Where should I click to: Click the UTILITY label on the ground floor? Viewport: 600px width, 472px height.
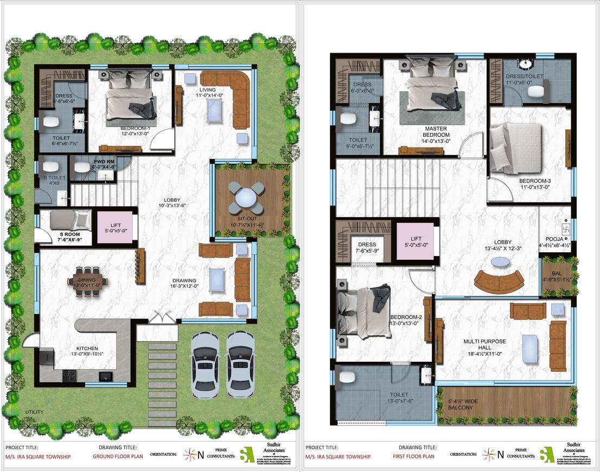(34, 412)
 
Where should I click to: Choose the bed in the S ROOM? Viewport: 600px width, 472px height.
(69, 220)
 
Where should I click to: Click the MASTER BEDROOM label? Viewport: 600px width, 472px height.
(436, 132)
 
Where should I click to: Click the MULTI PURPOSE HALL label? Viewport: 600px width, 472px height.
(484, 345)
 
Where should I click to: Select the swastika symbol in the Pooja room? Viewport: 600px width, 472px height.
(565, 226)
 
